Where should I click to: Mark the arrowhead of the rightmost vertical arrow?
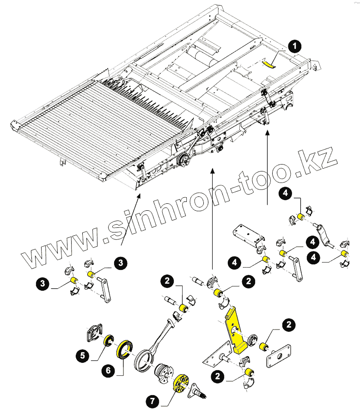(x=267, y=133)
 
